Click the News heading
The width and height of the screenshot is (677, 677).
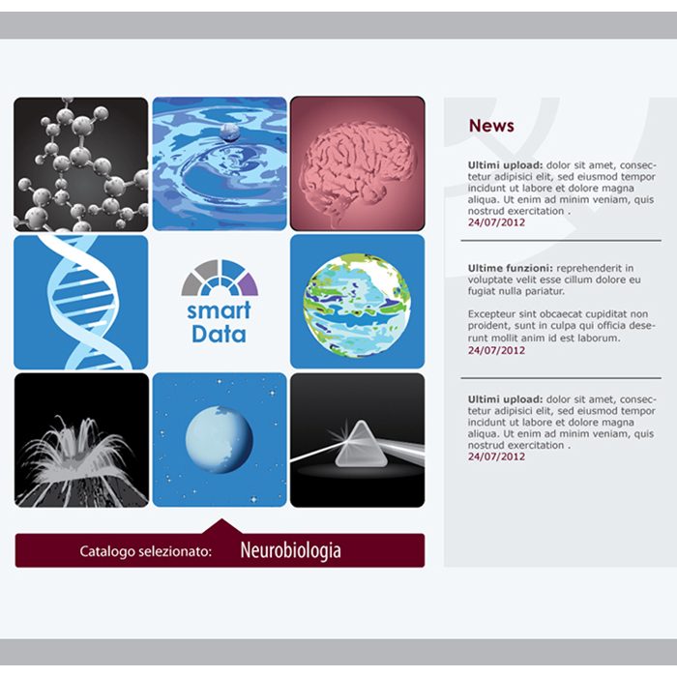pos(491,126)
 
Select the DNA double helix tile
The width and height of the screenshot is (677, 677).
pos(80,302)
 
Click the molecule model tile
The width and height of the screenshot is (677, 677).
pos(80,164)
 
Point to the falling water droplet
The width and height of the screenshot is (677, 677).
pos(230,132)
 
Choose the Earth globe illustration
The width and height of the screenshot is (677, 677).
pos(357,306)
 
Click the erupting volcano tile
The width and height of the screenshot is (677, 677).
pos(81,440)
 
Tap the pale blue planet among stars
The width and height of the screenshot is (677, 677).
pos(220,439)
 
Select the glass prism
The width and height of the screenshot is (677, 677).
pos(361,444)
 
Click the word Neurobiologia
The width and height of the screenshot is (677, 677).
pos(290,550)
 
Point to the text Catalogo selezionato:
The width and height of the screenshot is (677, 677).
pos(145,551)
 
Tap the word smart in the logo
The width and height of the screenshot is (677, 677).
pos(219,310)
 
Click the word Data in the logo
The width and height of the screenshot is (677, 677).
pos(219,335)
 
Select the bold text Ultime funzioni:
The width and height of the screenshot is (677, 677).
pos(511,268)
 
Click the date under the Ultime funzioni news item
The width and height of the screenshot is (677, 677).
pos(496,350)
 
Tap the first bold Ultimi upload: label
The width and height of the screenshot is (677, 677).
pos(505,165)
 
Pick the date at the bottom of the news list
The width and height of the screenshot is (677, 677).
pos(496,456)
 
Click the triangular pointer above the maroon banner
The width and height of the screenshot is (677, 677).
pos(221,526)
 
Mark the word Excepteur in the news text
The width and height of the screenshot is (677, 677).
pos(490,314)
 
